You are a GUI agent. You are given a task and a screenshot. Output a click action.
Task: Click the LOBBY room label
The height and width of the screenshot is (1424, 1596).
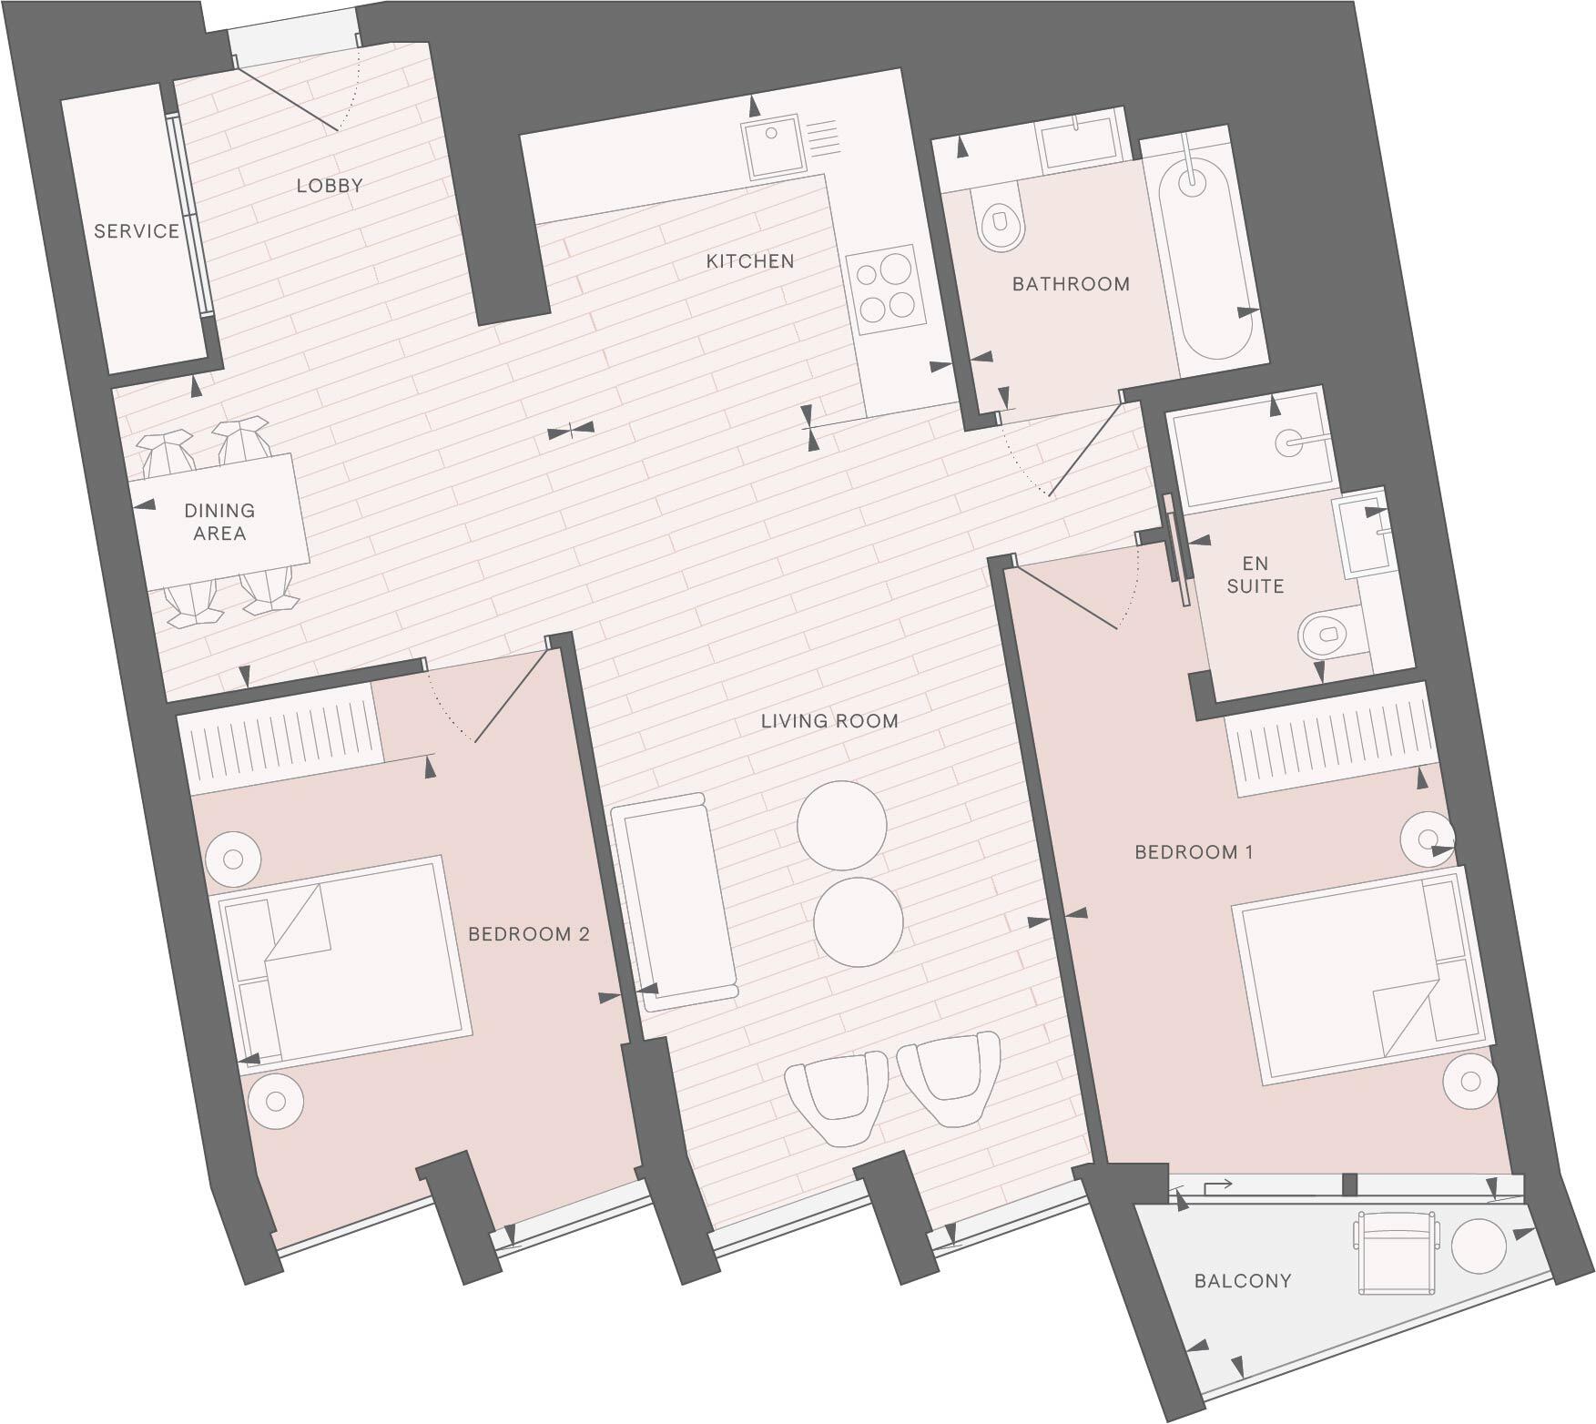tap(330, 186)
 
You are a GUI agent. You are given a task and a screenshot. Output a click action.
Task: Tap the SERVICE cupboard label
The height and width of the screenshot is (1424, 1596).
tap(137, 231)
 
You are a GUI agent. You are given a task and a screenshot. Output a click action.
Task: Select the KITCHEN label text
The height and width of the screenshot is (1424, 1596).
tap(750, 261)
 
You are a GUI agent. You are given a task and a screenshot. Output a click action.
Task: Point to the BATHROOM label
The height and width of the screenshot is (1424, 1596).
tap(1071, 284)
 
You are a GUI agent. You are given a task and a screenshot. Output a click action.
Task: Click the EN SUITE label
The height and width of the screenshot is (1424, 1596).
tap(1255, 575)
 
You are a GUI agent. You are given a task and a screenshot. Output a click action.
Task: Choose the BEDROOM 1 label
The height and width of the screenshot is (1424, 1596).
tap(1194, 852)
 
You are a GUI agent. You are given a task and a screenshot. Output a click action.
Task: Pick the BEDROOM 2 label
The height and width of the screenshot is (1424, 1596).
tap(529, 934)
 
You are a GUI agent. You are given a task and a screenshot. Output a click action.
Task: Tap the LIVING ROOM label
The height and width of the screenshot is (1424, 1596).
tap(829, 721)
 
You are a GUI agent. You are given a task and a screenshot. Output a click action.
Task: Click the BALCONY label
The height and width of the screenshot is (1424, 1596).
tap(1243, 1281)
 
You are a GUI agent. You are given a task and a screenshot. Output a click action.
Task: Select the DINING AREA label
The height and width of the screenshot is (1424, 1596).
tap(219, 522)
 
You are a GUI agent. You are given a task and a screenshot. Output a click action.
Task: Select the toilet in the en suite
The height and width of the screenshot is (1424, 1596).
tap(1326, 632)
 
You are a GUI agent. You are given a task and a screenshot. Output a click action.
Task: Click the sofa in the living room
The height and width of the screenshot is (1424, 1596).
tap(676, 901)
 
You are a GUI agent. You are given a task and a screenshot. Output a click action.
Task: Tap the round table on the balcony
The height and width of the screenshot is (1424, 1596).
tap(1478, 1246)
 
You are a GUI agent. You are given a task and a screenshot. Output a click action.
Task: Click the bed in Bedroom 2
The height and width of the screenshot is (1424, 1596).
tap(342, 960)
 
